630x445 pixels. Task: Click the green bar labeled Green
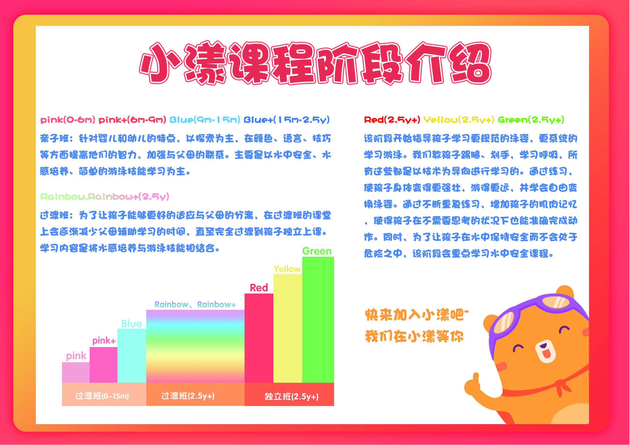click(318, 320)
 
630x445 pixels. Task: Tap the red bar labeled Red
click(259, 338)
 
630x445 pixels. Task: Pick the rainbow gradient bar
click(195, 347)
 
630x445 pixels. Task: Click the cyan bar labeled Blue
click(132, 356)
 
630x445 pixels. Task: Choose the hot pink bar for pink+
click(103, 365)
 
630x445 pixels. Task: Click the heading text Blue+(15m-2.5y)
click(287, 120)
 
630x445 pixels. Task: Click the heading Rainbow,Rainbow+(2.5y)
click(105, 197)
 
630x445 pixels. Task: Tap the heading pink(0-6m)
click(68, 120)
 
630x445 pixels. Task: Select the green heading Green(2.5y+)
click(531, 120)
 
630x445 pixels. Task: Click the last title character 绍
click(470, 64)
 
